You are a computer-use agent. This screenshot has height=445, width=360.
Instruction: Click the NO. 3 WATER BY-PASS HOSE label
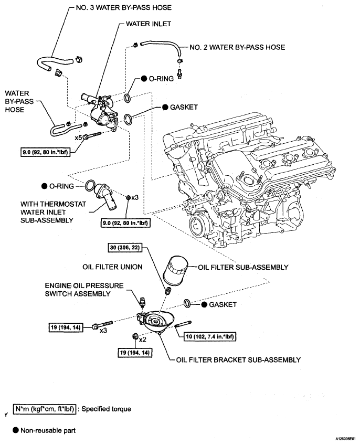(x=123, y=7)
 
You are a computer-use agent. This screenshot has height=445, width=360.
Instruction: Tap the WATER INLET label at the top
(x=148, y=24)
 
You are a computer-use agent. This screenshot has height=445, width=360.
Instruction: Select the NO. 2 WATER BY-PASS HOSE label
(x=237, y=47)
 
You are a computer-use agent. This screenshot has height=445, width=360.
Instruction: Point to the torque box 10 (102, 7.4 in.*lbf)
(x=210, y=336)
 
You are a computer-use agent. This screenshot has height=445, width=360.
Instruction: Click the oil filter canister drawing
(x=175, y=271)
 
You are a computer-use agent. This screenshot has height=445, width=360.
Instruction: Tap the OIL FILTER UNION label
(x=112, y=267)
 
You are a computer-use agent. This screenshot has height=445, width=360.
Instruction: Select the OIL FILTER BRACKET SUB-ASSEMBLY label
(x=238, y=360)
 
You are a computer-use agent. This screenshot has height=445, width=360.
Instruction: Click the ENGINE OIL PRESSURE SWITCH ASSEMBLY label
(x=84, y=290)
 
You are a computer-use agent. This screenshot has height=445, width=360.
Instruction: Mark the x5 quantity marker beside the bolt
(x=78, y=138)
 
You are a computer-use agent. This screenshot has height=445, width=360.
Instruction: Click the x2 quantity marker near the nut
(x=142, y=340)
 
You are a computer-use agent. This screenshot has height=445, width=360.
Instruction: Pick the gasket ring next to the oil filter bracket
(x=187, y=303)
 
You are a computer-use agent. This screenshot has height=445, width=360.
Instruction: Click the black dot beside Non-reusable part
(x=16, y=430)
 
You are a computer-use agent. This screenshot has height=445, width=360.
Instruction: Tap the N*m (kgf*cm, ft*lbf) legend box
(x=45, y=409)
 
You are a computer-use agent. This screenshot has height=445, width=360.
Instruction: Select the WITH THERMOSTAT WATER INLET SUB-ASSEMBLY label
(x=53, y=212)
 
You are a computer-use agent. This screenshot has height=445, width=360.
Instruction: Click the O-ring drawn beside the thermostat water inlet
(x=90, y=186)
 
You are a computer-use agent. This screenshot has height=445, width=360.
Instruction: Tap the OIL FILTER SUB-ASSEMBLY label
(x=243, y=267)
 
